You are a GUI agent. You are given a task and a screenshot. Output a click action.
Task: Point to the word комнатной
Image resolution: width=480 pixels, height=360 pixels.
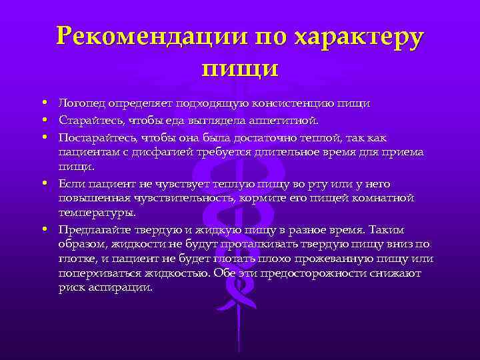(x=385, y=198)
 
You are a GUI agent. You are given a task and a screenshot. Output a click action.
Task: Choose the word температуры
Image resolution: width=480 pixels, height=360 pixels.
(x=97, y=213)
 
